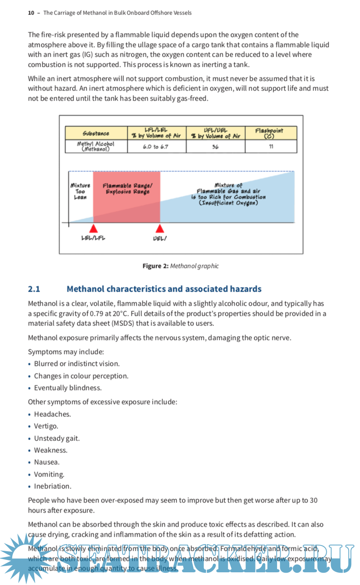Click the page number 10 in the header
[x=31, y=13]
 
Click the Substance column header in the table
[x=96, y=133]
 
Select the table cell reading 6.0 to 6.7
[x=156, y=146]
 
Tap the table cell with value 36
[x=215, y=146]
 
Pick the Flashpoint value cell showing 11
[x=270, y=146]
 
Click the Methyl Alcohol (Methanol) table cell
[x=96, y=146]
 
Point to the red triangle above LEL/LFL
[x=93, y=228]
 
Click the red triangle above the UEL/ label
[x=160, y=228]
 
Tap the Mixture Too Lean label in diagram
[x=80, y=191]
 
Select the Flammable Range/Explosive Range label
[x=127, y=189]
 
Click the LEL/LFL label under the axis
[x=93, y=238]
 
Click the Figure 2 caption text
[x=180, y=266]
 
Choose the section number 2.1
[x=34, y=289]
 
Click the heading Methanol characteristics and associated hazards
[x=164, y=289]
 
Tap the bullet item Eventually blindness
[x=68, y=388]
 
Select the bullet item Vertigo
[x=46, y=426]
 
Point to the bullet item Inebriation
[x=52, y=486]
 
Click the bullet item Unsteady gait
[x=57, y=438]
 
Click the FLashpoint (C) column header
[x=270, y=133]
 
